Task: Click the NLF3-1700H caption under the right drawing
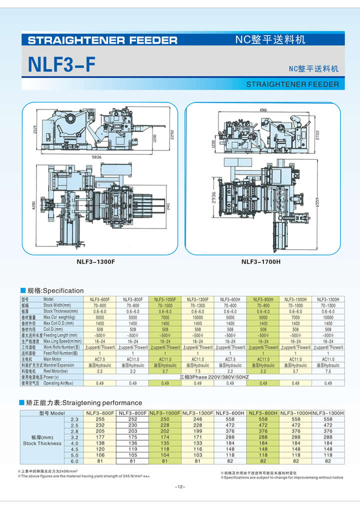(x=261, y=261)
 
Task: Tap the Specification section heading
(x=55, y=290)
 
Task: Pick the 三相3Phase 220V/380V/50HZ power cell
(x=213, y=377)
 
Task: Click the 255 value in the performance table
(x=100, y=419)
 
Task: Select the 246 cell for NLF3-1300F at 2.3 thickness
(x=197, y=419)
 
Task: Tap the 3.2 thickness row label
(x=74, y=437)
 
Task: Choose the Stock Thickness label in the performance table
(x=42, y=443)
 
